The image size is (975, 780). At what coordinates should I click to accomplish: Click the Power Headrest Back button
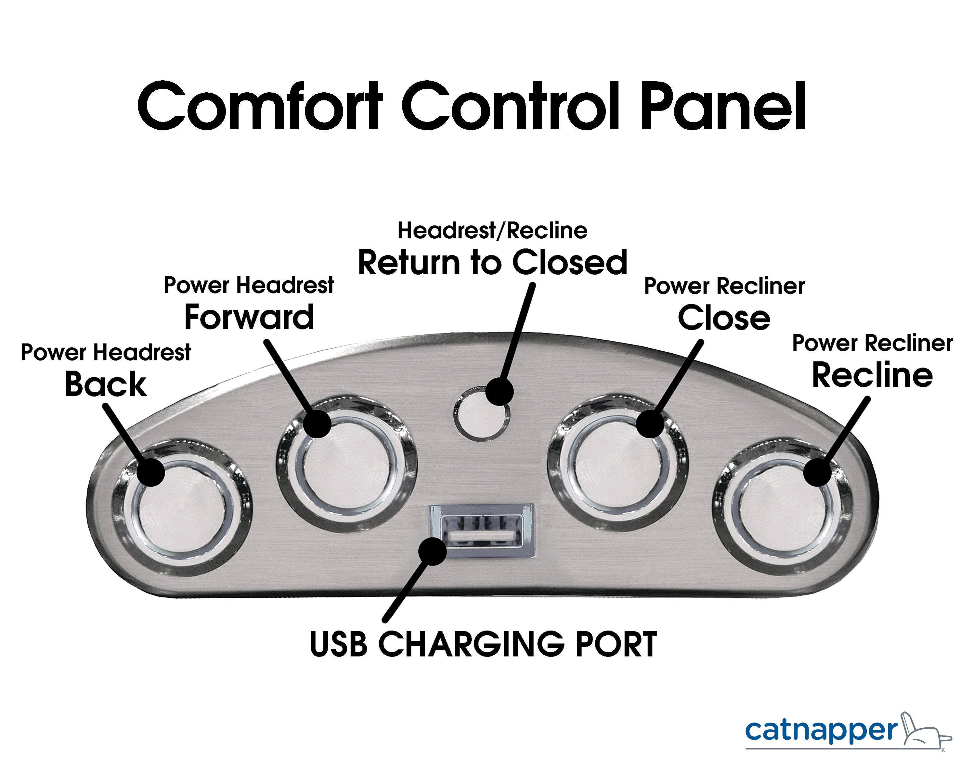(182, 507)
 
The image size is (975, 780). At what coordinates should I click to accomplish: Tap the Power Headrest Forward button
(346, 463)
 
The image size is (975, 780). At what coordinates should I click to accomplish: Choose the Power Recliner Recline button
(783, 507)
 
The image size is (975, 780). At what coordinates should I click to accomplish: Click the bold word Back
(106, 384)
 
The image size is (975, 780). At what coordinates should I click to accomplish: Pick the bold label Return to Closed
(492, 262)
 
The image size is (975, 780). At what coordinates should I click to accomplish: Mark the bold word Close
(724, 318)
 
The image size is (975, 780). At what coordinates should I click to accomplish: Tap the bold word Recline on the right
(872, 375)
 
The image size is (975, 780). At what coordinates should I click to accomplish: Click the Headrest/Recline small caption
(492, 231)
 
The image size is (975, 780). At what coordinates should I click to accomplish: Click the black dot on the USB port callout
(433, 551)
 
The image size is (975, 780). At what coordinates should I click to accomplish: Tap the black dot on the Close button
(650, 424)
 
